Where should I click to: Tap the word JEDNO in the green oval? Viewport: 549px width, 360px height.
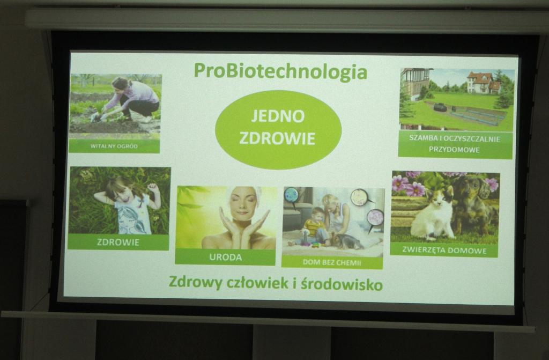(278, 116)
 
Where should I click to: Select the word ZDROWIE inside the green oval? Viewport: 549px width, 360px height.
(277, 138)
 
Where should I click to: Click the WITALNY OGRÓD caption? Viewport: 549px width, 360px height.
(114, 146)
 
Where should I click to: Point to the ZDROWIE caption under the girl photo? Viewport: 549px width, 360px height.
(118, 242)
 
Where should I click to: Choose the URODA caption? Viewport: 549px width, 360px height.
(226, 258)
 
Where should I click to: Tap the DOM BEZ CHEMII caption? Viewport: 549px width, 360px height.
(331, 262)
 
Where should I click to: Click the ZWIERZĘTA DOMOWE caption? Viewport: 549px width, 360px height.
(444, 250)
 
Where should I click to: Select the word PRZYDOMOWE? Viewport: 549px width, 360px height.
(454, 150)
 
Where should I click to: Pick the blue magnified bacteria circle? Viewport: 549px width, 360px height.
(291, 195)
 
